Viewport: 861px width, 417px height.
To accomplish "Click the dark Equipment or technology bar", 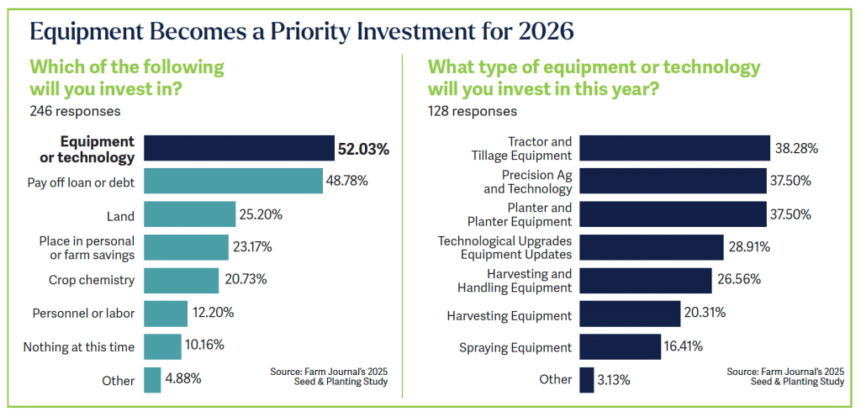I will (x=239, y=148).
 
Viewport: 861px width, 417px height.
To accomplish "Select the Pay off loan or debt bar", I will (x=233, y=181).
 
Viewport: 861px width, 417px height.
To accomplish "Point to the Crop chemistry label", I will (x=92, y=280).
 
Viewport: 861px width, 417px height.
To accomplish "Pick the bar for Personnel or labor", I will (x=165, y=313).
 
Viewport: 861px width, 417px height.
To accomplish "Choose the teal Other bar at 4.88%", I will (x=152, y=379).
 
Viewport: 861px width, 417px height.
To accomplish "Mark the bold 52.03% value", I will (x=364, y=150).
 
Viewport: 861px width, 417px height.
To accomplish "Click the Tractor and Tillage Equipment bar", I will (x=675, y=148).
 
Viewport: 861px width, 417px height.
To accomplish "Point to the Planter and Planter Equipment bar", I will (x=673, y=214).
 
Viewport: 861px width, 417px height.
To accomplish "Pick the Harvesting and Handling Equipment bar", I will (x=646, y=281).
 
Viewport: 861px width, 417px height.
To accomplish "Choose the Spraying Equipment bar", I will (x=621, y=346).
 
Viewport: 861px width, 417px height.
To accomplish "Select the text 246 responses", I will (x=75, y=110).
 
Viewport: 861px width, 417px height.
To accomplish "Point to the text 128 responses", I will (x=473, y=110).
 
